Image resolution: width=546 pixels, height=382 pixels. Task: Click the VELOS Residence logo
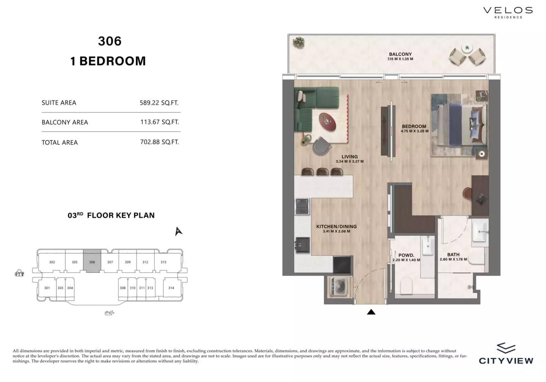508,12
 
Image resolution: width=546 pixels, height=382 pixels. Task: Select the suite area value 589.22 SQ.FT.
159,103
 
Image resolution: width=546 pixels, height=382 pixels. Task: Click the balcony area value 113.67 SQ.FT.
160,122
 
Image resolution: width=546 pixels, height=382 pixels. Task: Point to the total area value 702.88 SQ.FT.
160,142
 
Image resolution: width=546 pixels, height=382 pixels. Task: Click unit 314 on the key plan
171,288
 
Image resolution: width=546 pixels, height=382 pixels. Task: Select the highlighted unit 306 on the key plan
92,261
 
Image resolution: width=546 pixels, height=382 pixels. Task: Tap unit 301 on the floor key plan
47,288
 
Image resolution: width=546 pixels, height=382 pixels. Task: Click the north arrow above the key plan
178,231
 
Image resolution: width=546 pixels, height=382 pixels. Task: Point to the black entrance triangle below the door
371,312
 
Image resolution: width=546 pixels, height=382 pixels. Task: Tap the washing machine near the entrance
338,287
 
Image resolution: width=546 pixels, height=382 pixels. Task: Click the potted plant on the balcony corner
299,43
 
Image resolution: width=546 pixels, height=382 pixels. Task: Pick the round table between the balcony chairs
467,48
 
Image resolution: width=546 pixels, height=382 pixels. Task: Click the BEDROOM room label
414,126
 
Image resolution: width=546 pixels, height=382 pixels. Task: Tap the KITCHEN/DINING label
337,227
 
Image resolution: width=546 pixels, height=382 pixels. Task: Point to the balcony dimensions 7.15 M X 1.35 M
400,59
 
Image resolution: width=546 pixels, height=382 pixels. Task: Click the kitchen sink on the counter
303,245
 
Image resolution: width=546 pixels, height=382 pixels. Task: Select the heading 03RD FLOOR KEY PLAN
111,215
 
